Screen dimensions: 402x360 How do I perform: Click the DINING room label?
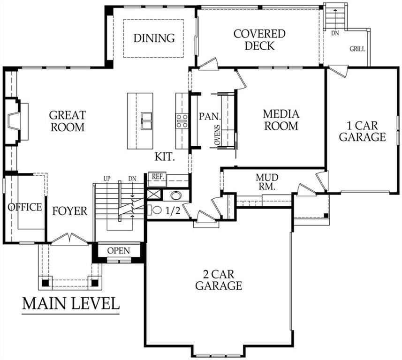[x=154, y=38]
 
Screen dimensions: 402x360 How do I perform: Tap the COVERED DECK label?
[x=259, y=40]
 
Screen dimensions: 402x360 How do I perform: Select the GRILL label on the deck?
[x=357, y=49]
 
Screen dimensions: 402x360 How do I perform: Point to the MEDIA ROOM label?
[x=281, y=120]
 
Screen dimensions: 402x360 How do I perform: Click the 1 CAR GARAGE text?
[x=362, y=131]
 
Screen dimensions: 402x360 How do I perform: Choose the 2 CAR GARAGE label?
[x=219, y=280]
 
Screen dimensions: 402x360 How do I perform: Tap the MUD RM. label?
[x=267, y=182]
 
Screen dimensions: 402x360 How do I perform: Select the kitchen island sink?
[x=146, y=121]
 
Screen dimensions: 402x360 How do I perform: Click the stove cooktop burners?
[x=182, y=121]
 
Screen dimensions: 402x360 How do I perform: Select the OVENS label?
[x=217, y=135]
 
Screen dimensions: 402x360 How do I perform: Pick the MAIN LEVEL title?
[x=71, y=303]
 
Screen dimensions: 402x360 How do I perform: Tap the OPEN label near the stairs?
[x=119, y=251]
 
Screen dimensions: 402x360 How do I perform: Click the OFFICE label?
[x=25, y=207]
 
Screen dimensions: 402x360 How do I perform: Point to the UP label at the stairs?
[x=107, y=179]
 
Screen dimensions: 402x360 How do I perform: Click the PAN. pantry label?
[x=210, y=117]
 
